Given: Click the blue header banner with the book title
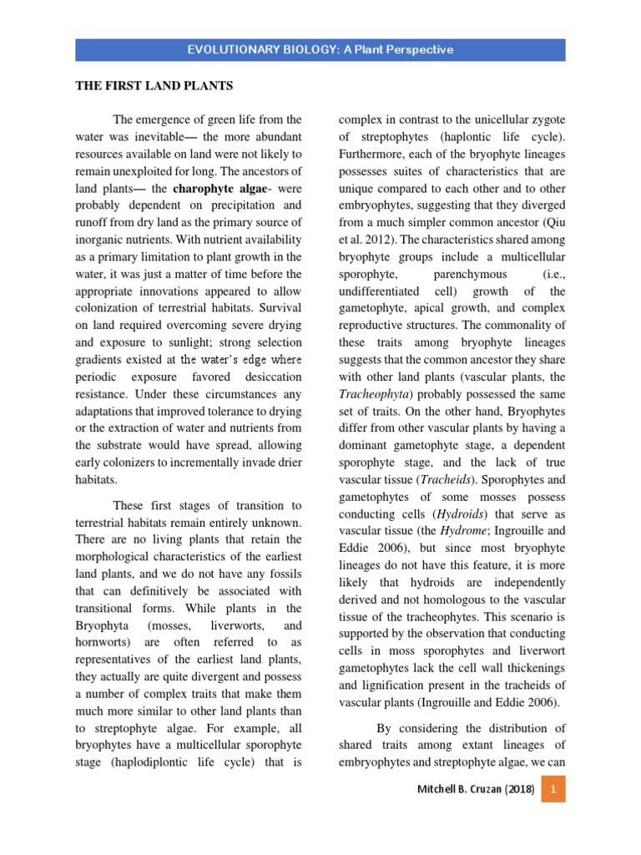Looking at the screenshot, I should click(x=320, y=49).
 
